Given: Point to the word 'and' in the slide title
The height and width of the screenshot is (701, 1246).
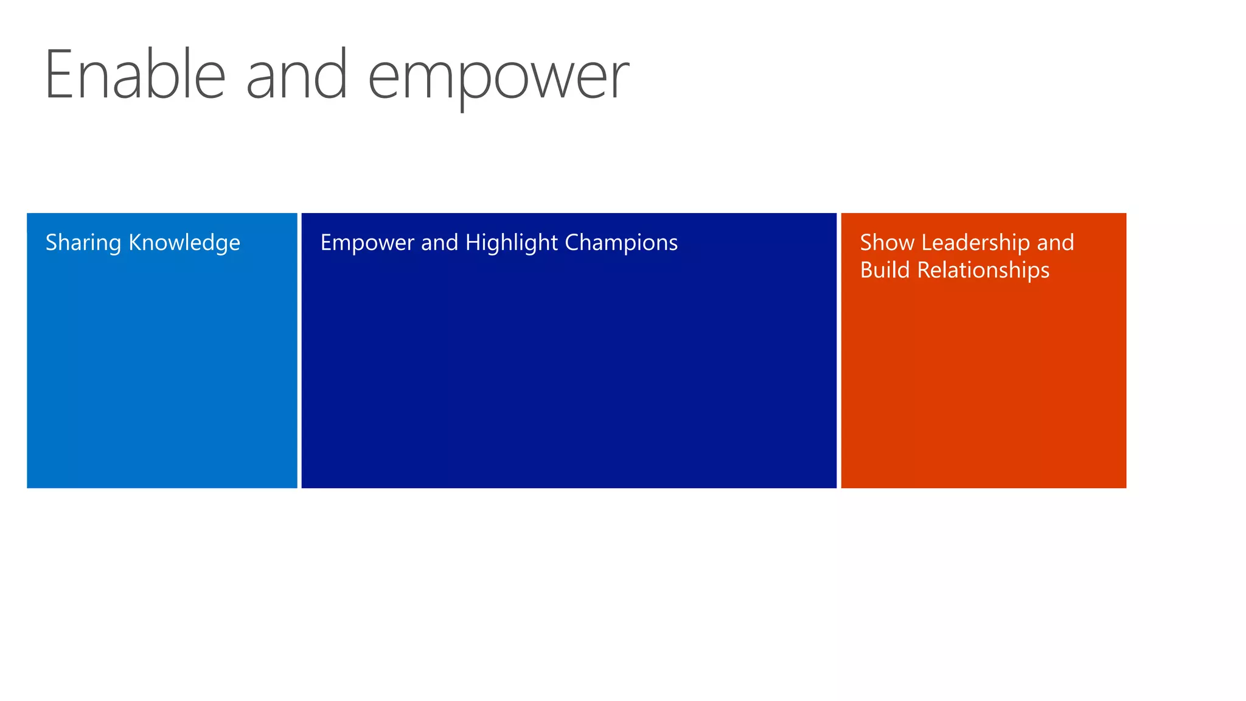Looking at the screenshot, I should coord(297,75).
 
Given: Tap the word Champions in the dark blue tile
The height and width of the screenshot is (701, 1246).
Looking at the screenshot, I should coord(621,243).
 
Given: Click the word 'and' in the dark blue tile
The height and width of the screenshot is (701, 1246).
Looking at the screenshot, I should coord(439,243).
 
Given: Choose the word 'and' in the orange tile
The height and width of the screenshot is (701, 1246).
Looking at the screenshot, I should coord(1056,243).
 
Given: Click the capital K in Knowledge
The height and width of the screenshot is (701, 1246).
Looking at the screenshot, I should coord(135,243).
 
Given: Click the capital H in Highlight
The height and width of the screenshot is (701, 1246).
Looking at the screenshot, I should coord(473,243).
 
